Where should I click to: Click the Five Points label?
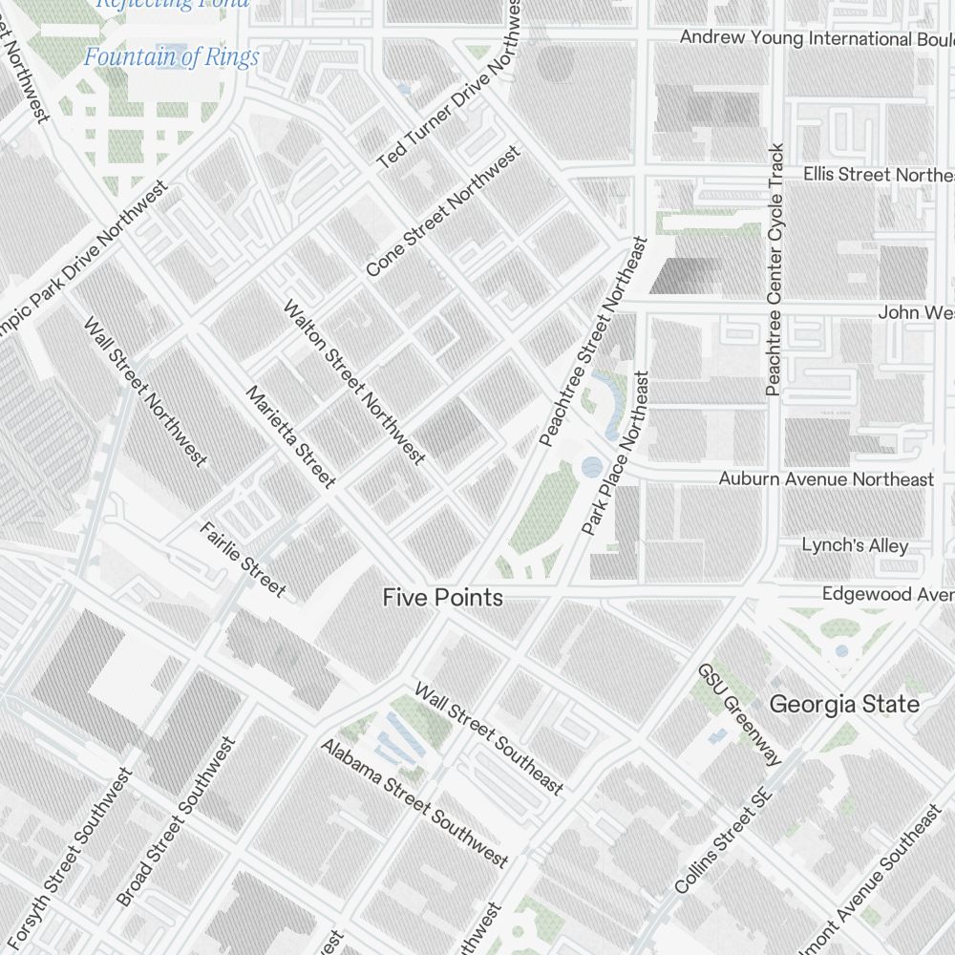point(442,598)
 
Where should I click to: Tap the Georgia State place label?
point(844,705)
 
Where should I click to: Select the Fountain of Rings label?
point(171,57)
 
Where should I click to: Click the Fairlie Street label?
point(242,559)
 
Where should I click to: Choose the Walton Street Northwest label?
point(353,383)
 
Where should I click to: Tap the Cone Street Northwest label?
point(444,211)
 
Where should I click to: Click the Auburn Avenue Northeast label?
point(826,478)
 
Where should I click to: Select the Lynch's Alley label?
point(855,545)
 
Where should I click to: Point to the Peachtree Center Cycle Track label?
point(775,270)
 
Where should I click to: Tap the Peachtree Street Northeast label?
point(593,342)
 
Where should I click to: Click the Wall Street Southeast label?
point(488,738)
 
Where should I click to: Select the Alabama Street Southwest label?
point(414,802)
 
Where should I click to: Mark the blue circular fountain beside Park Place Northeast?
point(592,467)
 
